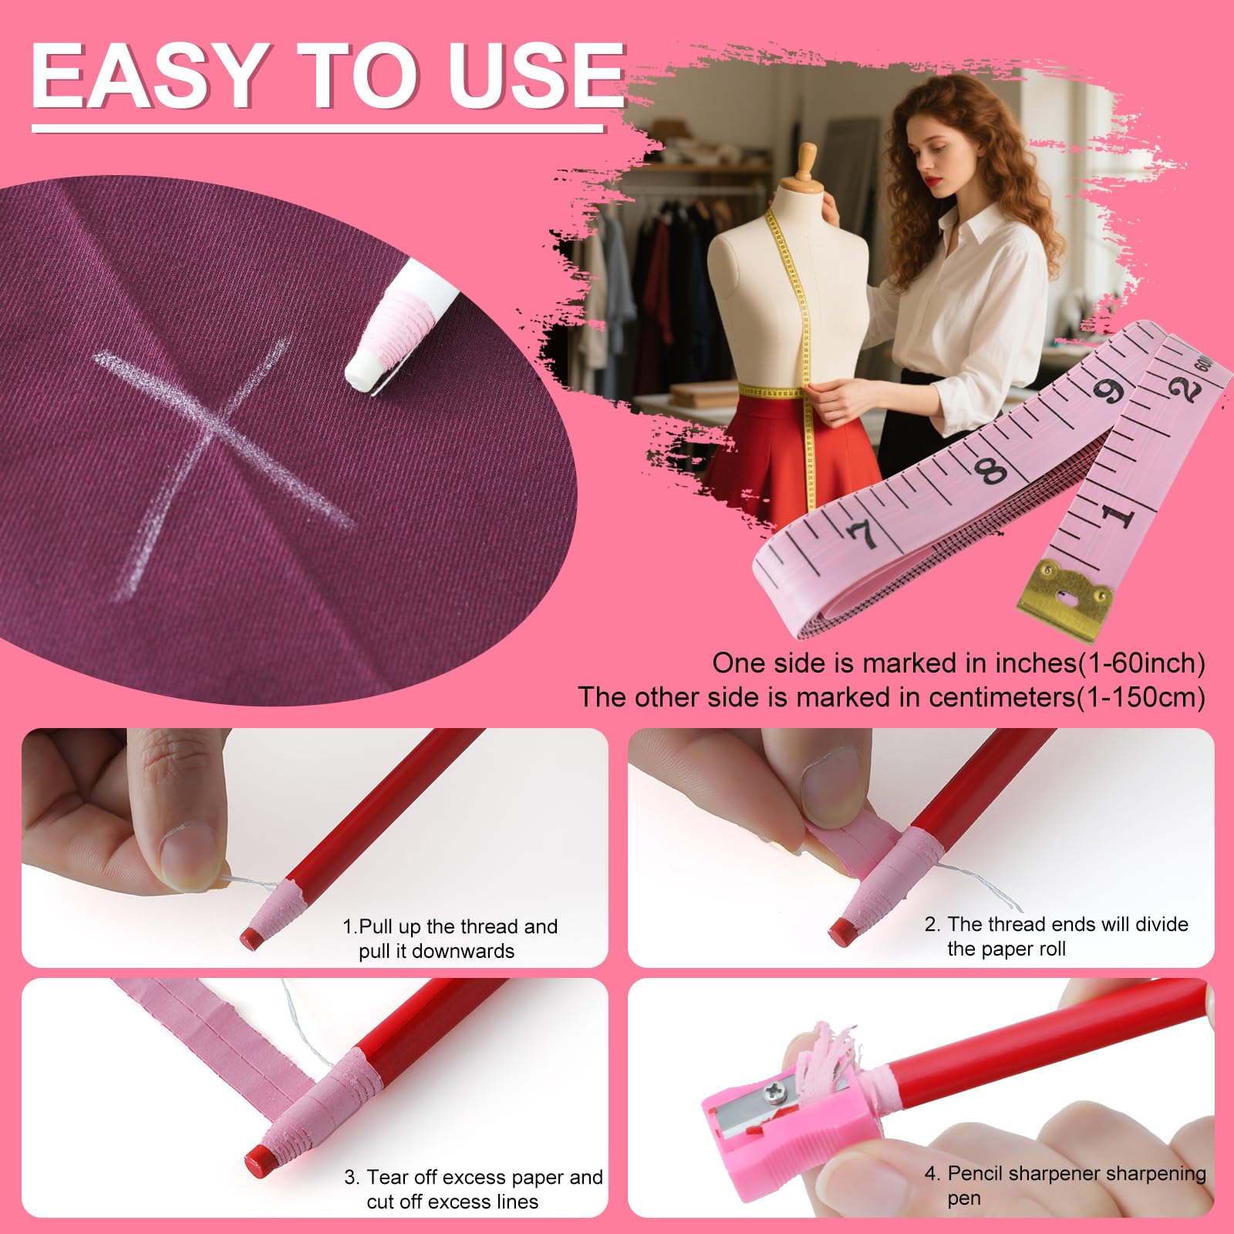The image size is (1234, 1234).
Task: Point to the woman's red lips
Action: [x=935, y=182]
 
